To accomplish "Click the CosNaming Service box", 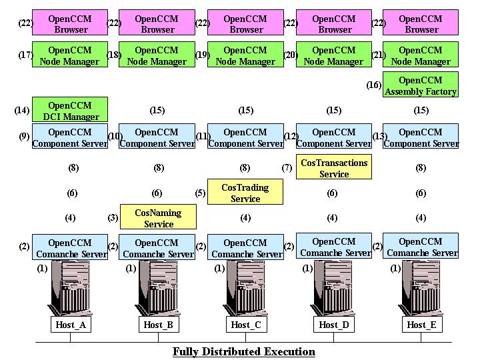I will [x=158, y=218].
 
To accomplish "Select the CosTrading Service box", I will [x=245, y=193].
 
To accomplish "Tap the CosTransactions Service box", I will [x=334, y=168].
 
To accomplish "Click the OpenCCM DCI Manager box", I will [x=69, y=111].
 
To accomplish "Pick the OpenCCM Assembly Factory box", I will [x=421, y=86].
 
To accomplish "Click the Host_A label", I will [x=70, y=325].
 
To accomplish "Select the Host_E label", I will [x=421, y=325].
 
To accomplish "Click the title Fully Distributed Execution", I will [x=243, y=351].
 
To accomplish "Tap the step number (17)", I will [x=25, y=55].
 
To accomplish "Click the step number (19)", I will [x=202, y=55].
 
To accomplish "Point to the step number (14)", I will [x=21, y=111].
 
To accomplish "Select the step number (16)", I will [x=373, y=85].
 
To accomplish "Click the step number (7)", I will [x=287, y=168].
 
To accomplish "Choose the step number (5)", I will [x=200, y=193].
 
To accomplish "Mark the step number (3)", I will [x=113, y=218].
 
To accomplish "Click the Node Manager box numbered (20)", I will [x=333, y=55].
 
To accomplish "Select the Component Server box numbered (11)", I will [x=245, y=137].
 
